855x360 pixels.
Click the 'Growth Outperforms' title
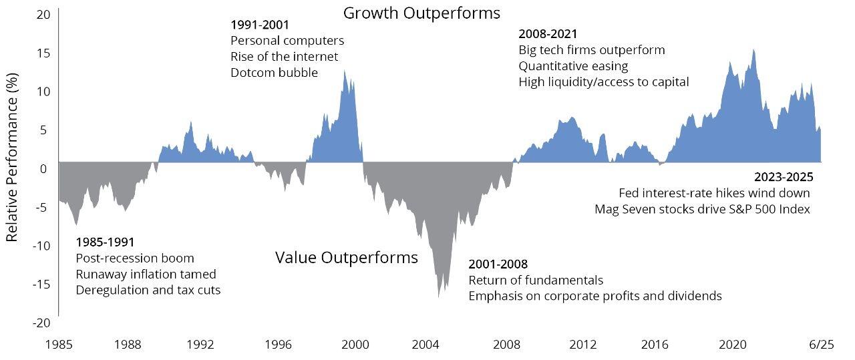[x=421, y=13]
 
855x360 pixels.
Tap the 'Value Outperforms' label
[x=346, y=258]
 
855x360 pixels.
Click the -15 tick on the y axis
[x=41, y=284]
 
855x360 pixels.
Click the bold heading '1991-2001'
[x=260, y=25]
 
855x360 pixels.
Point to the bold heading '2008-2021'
[x=548, y=33]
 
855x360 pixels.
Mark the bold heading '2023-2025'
[x=784, y=177]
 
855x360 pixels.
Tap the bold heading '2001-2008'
[x=498, y=264]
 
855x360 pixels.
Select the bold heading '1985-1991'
[x=106, y=242]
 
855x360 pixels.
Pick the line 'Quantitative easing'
[x=573, y=65]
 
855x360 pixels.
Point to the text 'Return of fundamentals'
[x=536, y=280]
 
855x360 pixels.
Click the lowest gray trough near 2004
[x=438, y=297]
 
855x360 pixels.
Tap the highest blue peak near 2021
[x=753, y=49]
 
